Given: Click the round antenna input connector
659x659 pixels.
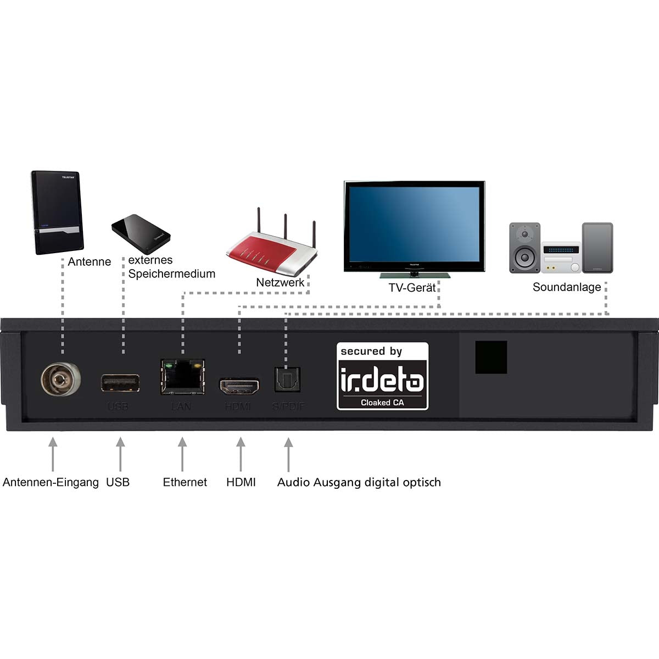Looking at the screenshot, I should tap(60, 379).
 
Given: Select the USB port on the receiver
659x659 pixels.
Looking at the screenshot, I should tap(120, 383).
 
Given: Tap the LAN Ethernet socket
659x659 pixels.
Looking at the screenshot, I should tap(182, 377).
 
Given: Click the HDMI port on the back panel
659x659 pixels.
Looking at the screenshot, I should tap(239, 387).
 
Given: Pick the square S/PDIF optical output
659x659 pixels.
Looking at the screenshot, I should tap(287, 379).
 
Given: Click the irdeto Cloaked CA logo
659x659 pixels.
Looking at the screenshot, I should tap(382, 376).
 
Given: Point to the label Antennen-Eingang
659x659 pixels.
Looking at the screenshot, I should tap(51, 482).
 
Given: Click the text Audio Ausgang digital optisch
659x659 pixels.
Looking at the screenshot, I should tap(359, 482).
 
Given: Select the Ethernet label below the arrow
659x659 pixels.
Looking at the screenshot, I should tap(185, 482).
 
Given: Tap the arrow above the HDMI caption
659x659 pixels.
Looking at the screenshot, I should tap(240, 455).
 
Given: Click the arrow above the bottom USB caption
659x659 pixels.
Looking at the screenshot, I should tap(120, 455).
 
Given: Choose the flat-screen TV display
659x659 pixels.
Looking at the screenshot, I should tap(414, 226).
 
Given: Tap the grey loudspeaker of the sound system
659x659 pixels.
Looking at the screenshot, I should tap(524, 247).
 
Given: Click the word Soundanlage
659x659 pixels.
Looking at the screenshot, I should tap(566, 287).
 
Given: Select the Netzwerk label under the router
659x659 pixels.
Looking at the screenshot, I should tap(280, 283).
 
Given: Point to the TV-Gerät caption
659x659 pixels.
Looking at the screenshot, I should tap(412, 287).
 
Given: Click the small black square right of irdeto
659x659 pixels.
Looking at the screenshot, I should tap(490, 357).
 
